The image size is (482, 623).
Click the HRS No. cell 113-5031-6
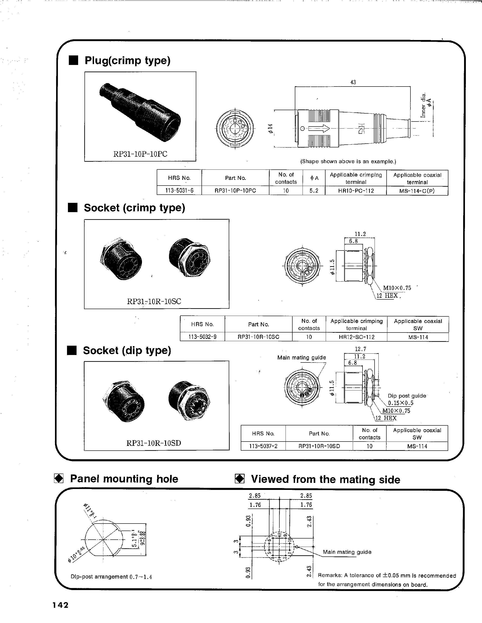pyautogui.click(x=179, y=191)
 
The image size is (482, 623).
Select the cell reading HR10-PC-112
pyautogui.click(x=356, y=191)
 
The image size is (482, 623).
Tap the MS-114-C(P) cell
pyautogui.click(x=417, y=191)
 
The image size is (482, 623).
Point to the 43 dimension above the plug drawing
pyautogui.click(x=353, y=82)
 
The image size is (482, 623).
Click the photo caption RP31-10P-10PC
pyautogui.click(x=140, y=154)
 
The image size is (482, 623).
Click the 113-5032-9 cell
pyautogui.click(x=202, y=337)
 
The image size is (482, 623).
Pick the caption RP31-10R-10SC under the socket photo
pyautogui.click(x=154, y=302)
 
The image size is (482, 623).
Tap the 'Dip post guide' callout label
pyautogui.click(x=407, y=396)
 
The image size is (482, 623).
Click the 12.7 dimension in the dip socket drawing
pyautogui.click(x=360, y=349)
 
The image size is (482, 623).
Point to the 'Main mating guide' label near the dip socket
pyautogui.click(x=301, y=357)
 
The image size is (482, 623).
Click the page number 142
pyautogui.click(x=60, y=605)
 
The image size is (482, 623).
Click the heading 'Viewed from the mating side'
pyautogui.click(x=325, y=479)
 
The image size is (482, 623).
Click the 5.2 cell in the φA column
pyautogui.click(x=314, y=191)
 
